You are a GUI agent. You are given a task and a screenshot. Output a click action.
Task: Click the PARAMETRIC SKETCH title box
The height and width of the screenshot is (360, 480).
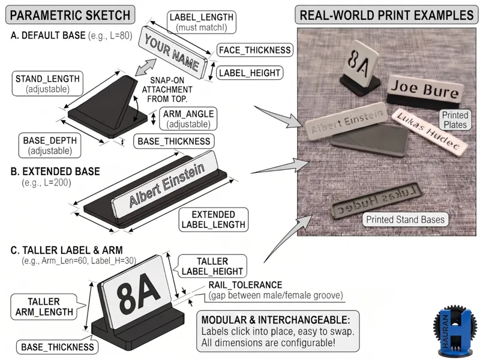point(70,14)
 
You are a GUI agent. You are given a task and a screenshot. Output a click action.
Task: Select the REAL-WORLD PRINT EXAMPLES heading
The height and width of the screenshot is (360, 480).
point(386,14)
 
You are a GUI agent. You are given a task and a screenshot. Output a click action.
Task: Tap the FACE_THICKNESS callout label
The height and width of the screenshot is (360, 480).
point(254,50)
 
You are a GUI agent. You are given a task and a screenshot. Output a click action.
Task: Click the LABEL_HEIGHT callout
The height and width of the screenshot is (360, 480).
point(250,73)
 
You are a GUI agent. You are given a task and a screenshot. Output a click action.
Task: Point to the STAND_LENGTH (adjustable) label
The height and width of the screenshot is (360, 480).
point(47,84)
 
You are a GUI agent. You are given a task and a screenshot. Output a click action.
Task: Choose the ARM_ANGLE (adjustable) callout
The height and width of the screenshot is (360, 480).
point(188,119)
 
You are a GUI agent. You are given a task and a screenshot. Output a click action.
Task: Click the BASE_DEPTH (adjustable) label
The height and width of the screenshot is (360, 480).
point(50,145)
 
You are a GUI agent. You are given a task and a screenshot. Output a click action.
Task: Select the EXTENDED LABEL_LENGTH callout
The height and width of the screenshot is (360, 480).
point(214,220)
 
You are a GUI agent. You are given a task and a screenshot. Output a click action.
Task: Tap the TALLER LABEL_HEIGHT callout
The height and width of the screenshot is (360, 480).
point(212,266)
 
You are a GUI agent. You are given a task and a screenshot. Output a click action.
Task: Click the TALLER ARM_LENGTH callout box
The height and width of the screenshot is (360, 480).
point(44,307)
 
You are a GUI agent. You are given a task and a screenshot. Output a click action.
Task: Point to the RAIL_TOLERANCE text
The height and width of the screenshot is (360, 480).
point(245,284)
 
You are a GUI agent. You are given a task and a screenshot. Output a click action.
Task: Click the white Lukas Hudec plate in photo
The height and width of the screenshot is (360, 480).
point(429,131)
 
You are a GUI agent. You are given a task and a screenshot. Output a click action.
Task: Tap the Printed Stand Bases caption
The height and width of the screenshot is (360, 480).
point(406,220)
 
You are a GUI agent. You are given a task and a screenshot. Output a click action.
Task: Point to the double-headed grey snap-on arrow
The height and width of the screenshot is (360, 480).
point(146,67)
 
